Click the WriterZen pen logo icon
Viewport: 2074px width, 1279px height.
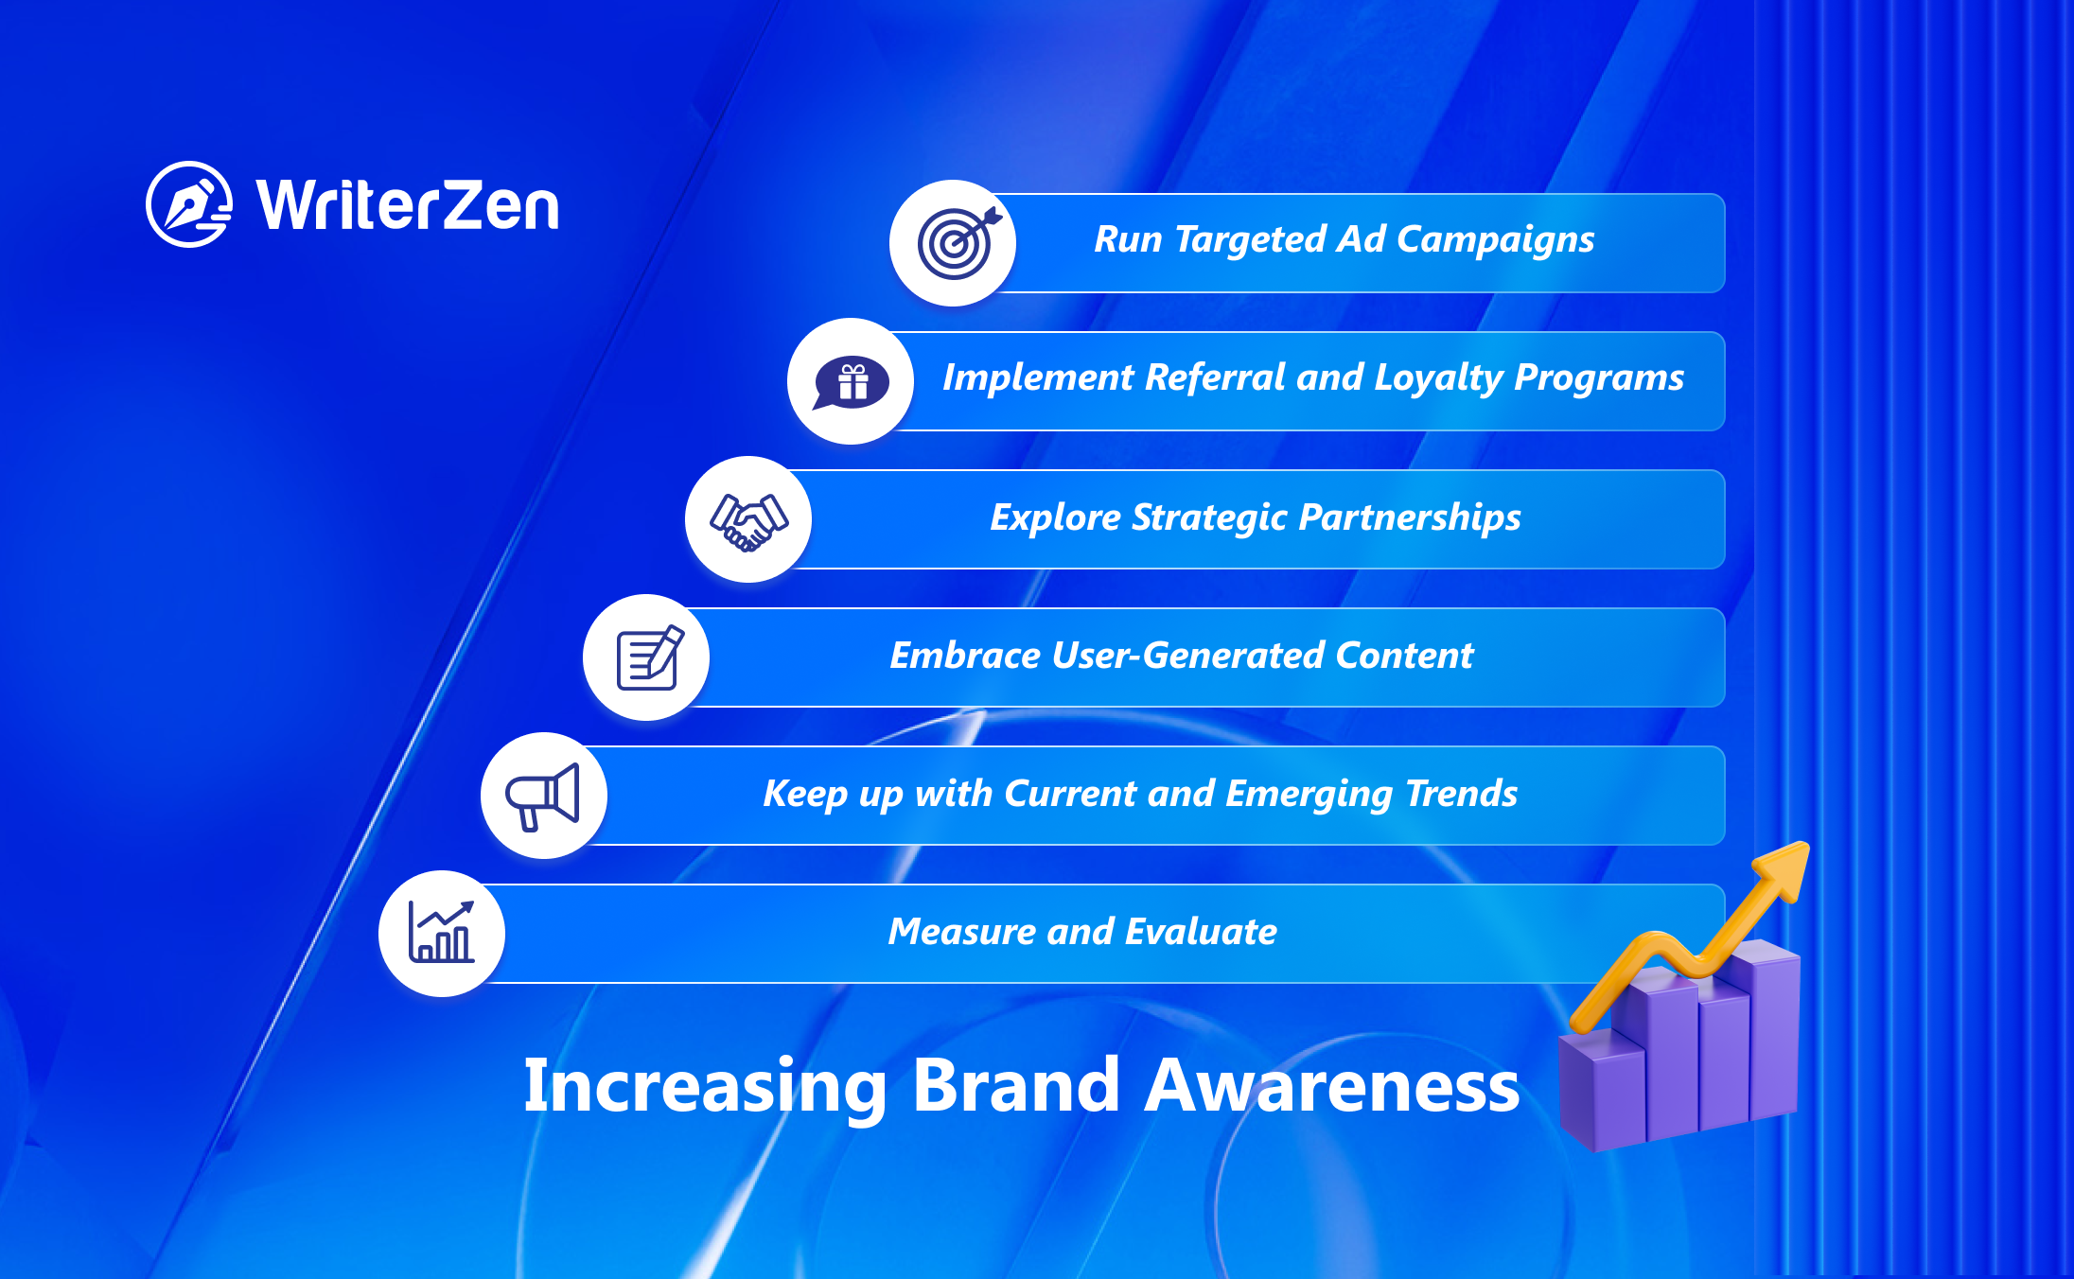point(189,203)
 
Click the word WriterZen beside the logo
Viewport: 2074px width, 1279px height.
point(408,204)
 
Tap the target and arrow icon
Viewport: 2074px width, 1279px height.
point(958,243)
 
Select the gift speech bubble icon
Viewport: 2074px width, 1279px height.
point(852,382)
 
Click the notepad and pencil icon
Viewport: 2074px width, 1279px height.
point(649,657)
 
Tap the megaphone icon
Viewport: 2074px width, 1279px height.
point(542,797)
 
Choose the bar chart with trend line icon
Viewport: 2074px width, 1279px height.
point(441,932)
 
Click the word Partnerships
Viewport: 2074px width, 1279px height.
point(1410,518)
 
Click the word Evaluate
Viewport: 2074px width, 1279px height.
point(1202,932)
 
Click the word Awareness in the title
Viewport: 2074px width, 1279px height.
point(1332,1086)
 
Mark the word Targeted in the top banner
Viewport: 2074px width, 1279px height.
point(1249,240)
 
